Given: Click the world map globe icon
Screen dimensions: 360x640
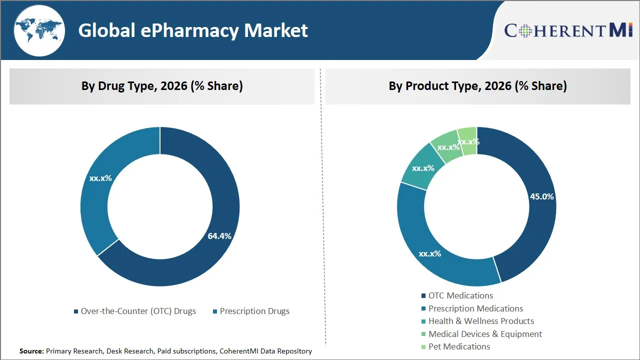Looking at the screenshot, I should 39,30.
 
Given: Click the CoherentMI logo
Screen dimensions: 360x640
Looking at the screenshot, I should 568,30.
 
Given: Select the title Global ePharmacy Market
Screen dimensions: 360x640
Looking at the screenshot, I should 193,30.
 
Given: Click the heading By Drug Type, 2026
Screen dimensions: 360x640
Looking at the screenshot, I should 162,86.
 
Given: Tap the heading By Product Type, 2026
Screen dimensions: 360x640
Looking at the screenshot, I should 477,86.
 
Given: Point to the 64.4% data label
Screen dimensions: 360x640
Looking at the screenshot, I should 219,236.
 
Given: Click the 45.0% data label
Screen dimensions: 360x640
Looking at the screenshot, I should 542,196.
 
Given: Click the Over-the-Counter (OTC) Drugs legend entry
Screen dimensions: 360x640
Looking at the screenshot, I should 134,311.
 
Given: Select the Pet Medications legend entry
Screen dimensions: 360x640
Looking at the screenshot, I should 455,346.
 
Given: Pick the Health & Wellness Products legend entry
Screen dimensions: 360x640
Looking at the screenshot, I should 477,321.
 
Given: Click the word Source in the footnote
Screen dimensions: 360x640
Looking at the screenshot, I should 31,351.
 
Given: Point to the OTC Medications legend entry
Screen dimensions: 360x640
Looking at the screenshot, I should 457,295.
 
